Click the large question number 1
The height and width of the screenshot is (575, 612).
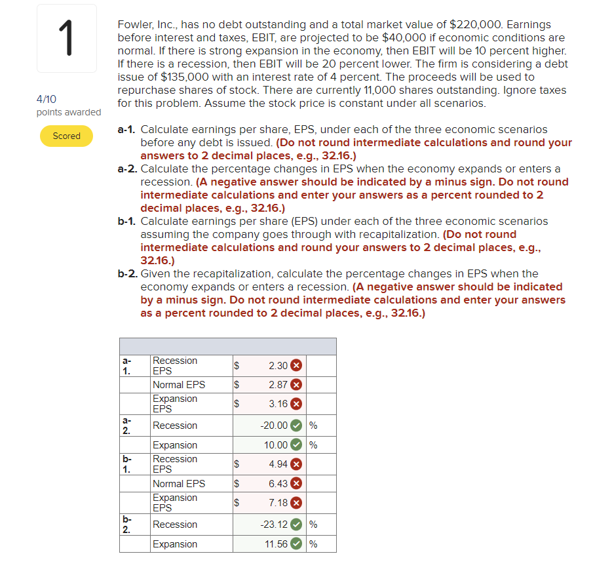pos(67,39)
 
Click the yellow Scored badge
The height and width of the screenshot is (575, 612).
pos(66,136)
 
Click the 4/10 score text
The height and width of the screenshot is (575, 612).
pos(47,99)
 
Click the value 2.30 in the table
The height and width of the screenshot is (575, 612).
pos(278,365)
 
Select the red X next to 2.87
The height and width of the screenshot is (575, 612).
pos(296,385)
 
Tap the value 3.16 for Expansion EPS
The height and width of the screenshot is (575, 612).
pos(278,404)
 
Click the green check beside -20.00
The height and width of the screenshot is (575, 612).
pos(296,426)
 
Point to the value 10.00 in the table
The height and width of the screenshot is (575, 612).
pos(275,445)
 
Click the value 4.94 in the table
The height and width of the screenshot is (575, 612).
pos(278,464)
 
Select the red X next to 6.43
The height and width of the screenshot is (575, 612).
pos(296,484)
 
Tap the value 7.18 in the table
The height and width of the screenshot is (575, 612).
pos(278,503)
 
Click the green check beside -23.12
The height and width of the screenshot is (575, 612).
pos(296,525)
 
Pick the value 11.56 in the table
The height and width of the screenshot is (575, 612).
pos(276,544)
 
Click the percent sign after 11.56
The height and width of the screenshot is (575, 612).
pos(313,544)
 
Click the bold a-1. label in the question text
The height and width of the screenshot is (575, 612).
pos(127,130)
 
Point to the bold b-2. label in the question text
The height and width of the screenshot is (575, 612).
pos(128,274)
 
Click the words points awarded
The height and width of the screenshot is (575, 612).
pos(69,112)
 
